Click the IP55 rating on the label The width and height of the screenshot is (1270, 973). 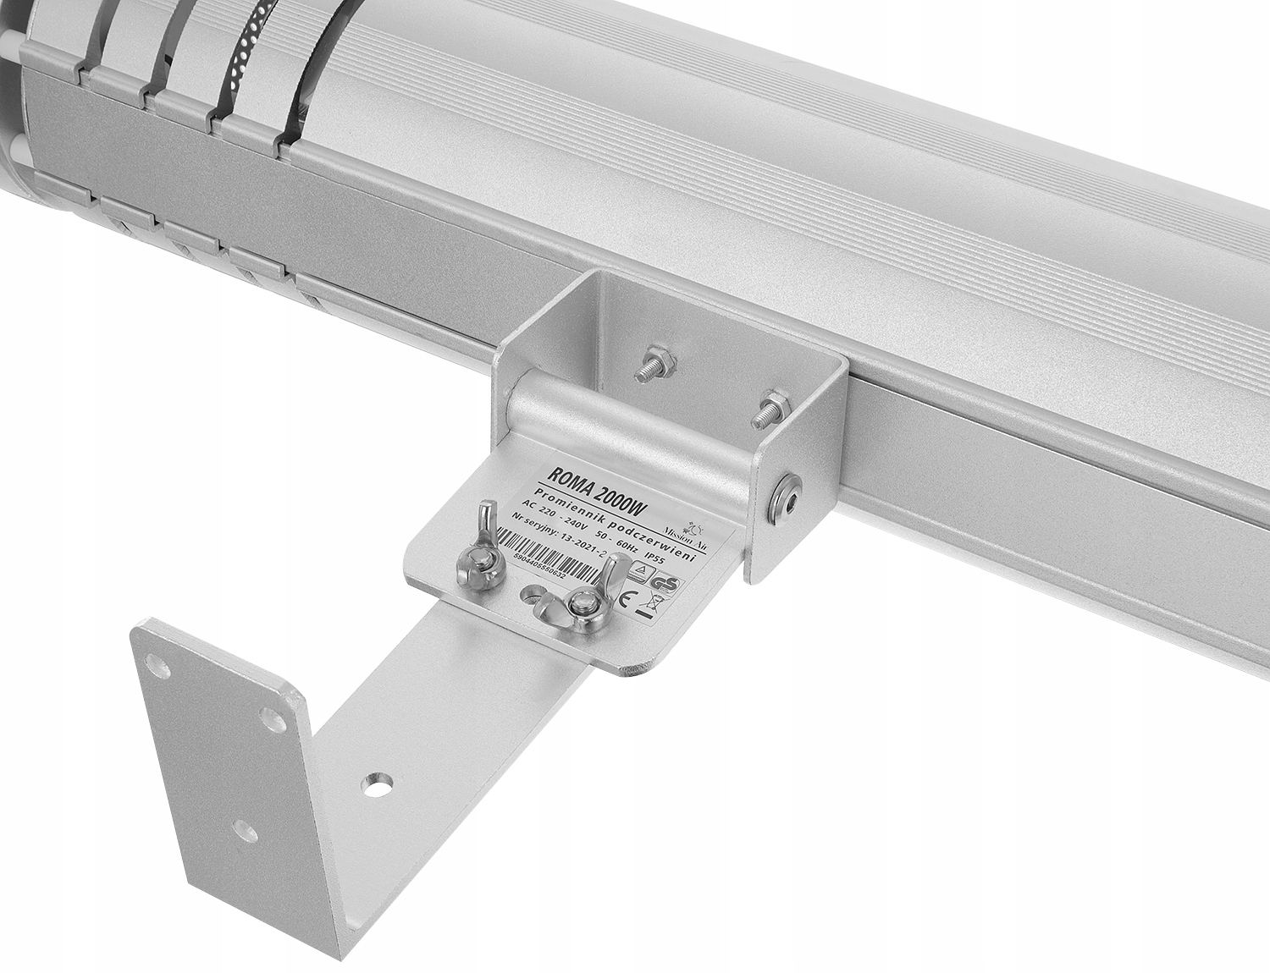(657, 560)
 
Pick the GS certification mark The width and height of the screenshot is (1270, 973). (665, 585)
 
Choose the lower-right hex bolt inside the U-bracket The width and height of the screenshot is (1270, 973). (769, 406)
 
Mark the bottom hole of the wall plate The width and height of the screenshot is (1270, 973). (246, 831)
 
